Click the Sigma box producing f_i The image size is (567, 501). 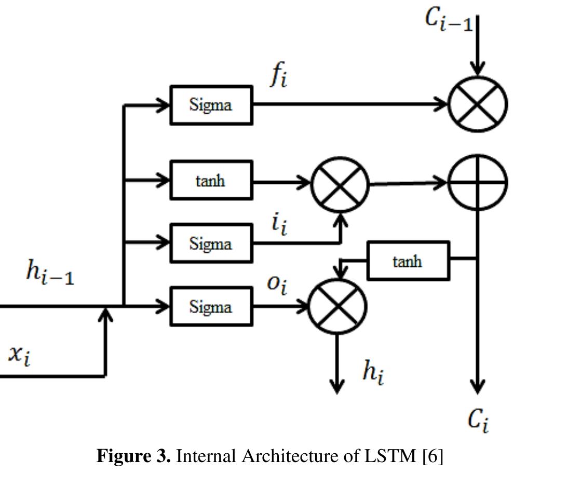click(211, 105)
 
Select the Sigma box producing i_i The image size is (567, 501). click(211, 243)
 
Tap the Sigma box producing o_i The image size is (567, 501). click(211, 307)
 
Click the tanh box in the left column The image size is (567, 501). click(211, 180)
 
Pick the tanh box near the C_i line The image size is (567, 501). click(408, 261)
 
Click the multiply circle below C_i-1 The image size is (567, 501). click(477, 104)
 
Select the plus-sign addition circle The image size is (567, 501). click(477, 182)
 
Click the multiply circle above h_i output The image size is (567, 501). click(337, 306)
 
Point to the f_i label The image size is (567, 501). click(278, 76)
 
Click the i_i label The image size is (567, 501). click(279, 224)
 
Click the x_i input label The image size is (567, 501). click(19, 355)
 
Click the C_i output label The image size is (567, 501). click(477, 419)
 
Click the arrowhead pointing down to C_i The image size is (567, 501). click(477, 386)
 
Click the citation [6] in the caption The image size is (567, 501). click(433, 456)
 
